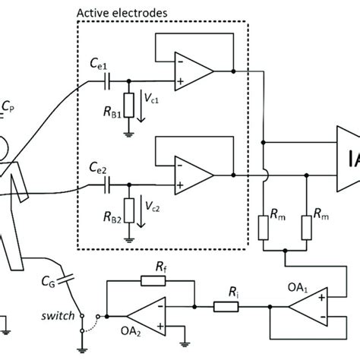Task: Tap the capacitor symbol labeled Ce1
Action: (x=110, y=78)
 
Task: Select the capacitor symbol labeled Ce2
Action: (x=110, y=184)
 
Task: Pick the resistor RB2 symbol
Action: (x=130, y=212)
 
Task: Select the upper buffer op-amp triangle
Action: (x=192, y=72)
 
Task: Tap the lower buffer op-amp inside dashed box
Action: (x=192, y=177)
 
